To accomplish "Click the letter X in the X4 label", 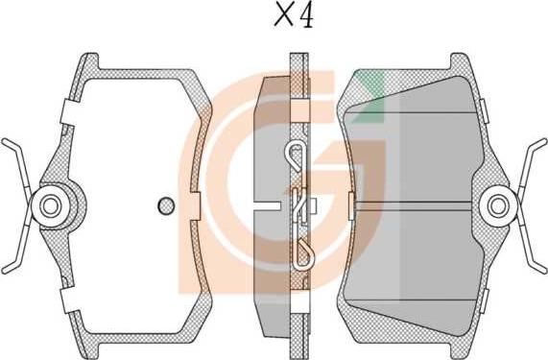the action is pyautogui.click(x=284, y=15).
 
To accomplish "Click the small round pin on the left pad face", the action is pyautogui.click(x=166, y=205).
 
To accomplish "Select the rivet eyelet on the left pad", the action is pyautogui.click(x=50, y=206).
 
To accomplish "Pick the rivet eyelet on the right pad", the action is pyautogui.click(x=498, y=206).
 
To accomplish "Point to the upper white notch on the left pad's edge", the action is pyautogui.click(x=68, y=112).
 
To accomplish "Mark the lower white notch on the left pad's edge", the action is pyautogui.click(x=68, y=300).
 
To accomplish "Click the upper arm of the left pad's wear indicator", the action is pyautogui.click(x=17, y=164).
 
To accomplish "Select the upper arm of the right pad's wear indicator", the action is pyautogui.click(x=531, y=164).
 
